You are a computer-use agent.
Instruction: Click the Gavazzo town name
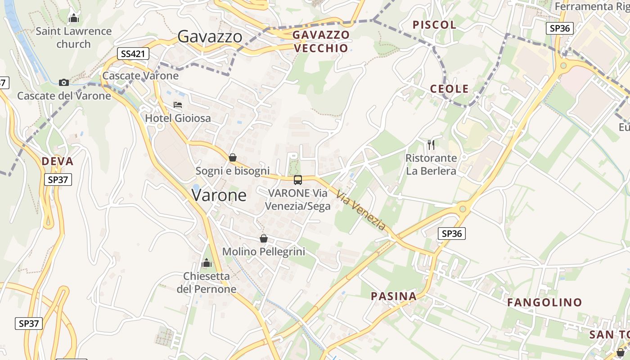pos(210,36)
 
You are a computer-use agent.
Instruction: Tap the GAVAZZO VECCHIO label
pos(320,41)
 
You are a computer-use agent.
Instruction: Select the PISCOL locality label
pos(434,25)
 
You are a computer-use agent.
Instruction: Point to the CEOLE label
pos(449,89)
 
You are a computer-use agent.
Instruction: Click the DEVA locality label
pos(57,162)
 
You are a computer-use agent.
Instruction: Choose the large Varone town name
pos(219,195)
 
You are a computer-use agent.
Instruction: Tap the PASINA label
pos(393,296)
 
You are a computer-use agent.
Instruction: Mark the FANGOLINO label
pos(544,302)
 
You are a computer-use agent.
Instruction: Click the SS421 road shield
pos(133,54)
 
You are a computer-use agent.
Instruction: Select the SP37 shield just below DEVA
pos(58,180)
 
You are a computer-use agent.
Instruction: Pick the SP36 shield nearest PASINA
pos(451,234)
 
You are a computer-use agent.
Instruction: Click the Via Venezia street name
pos(361,210)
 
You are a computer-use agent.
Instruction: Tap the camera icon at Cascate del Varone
pos(64,82)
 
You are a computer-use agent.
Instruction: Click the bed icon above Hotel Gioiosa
pos(178,105)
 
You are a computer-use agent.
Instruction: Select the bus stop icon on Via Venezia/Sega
pos(297,180)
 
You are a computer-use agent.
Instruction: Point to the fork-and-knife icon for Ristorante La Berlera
pos(431,144)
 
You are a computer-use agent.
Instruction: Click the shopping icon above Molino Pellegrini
pos(264,238)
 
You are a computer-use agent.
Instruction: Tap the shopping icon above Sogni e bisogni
pos(233,157)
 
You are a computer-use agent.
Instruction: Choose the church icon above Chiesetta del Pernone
pos(207,263)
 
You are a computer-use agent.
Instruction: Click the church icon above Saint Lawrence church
pos(73,18)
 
